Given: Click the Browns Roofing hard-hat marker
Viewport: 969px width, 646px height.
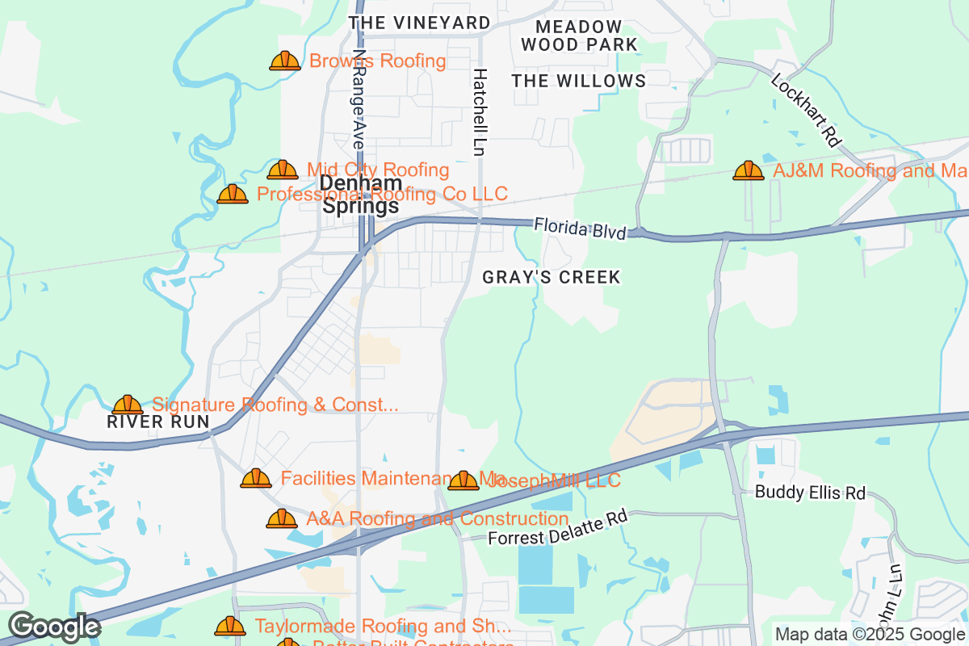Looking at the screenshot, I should point(285,61).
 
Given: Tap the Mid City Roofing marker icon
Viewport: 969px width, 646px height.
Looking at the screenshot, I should point(283,170).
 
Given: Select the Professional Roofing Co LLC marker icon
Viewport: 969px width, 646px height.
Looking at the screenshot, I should point(233,194).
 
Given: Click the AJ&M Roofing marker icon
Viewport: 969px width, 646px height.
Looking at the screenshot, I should point(749,170).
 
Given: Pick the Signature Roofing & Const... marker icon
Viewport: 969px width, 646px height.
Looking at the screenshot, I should point(128,405).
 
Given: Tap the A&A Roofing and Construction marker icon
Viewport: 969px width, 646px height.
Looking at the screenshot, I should point(282,518).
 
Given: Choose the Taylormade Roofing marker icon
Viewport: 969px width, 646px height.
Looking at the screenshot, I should point(230,626).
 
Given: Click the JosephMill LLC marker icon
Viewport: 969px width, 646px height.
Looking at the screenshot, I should point(464,481).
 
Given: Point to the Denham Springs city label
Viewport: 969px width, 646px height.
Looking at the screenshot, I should point(360,195).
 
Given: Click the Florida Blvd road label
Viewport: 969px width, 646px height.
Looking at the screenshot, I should point(580,228).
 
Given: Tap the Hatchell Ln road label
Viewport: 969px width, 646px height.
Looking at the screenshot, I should point(480,111).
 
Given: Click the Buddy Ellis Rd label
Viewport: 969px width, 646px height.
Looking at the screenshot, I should point(810,493).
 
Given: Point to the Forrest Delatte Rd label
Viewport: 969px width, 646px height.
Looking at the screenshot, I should point(558,527).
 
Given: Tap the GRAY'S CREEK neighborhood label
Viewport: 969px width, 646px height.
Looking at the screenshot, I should point(552,278).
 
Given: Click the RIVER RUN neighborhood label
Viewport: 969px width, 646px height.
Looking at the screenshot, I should point(158,422).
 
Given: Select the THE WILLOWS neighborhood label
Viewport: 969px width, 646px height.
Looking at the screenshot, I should point(579,81).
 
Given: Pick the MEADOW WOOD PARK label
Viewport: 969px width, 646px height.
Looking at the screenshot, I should point(579,36).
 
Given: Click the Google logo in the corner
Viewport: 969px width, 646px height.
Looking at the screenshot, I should point(54,627).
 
